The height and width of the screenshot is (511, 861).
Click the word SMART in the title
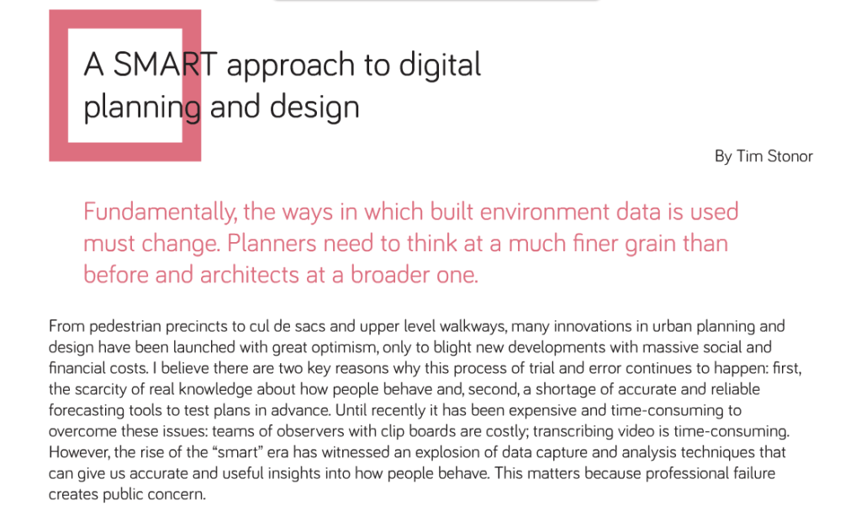(165, 64)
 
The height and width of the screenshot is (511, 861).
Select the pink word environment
(544, 212)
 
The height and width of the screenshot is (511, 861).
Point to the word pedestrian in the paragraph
(125, 327)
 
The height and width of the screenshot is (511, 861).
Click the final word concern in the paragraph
(182, 494)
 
